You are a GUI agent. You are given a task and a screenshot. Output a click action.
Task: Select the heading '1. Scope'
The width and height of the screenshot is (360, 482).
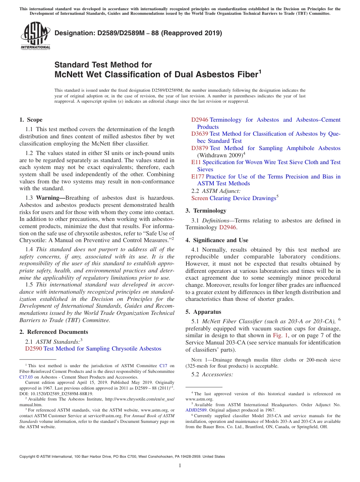pos(31,120)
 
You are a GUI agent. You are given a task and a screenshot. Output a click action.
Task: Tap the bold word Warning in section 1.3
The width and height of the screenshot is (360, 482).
pos(50,198)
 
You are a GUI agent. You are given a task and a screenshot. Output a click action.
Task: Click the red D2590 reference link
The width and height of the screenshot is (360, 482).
pos(34,349)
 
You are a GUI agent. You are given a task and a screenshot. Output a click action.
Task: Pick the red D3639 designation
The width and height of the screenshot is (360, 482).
pos(200,134)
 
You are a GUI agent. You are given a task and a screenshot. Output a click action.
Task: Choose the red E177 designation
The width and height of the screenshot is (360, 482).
pos(198,177)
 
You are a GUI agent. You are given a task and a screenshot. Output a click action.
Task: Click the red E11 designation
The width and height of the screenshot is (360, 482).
pos(196,162)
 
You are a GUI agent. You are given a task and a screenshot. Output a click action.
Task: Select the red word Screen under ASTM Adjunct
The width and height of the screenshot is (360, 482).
pos(199,198)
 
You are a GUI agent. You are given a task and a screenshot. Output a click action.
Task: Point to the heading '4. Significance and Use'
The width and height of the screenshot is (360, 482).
pos(217,240)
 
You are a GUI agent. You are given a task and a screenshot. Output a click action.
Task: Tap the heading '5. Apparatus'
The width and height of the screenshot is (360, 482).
pos(203,312)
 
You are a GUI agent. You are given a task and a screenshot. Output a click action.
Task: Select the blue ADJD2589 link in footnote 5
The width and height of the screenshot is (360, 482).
pos(196,410)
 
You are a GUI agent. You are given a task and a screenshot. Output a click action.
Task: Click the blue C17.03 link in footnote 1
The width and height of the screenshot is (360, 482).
pos(26,377)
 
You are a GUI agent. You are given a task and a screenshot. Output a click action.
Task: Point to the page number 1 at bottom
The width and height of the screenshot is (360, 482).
pos(180,466)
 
